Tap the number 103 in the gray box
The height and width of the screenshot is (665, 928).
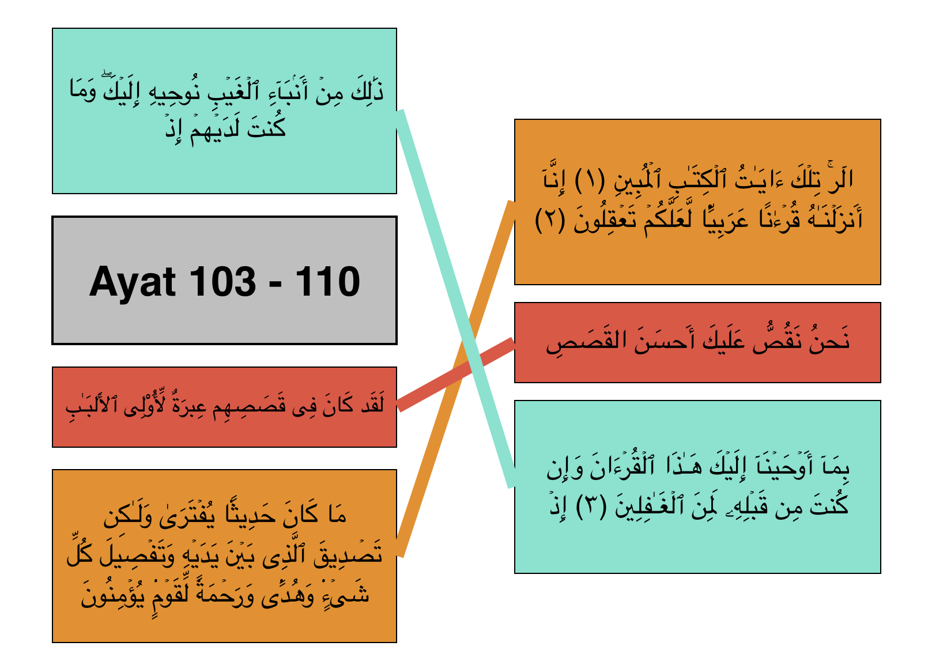point(223,282)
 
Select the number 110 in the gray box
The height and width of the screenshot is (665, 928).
point(327,282)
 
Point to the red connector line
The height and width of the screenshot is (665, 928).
point(456,375)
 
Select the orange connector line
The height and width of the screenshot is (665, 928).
point(457,379)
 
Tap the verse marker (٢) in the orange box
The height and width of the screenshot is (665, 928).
point(550,220)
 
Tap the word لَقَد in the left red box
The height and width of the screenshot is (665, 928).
point(372,404)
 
